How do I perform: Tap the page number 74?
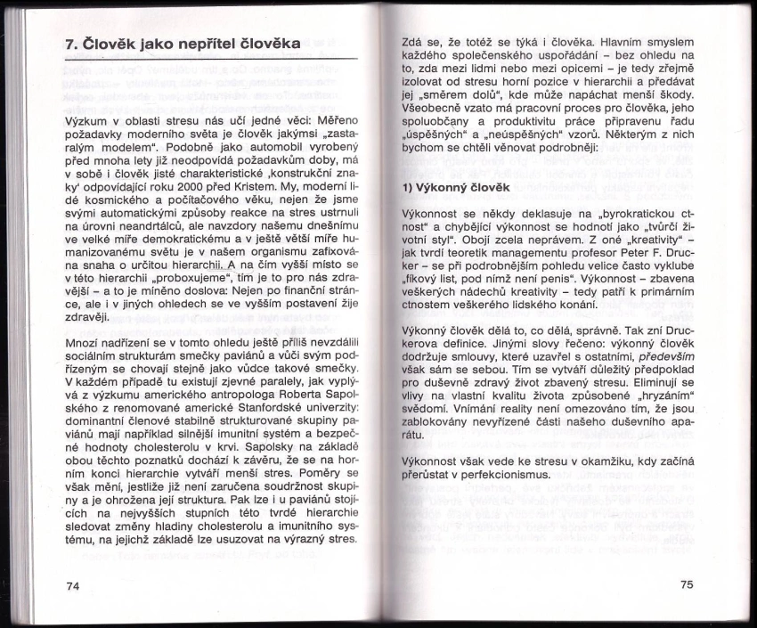(x=73, y=585)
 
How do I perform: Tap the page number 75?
(x=686, y=584)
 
